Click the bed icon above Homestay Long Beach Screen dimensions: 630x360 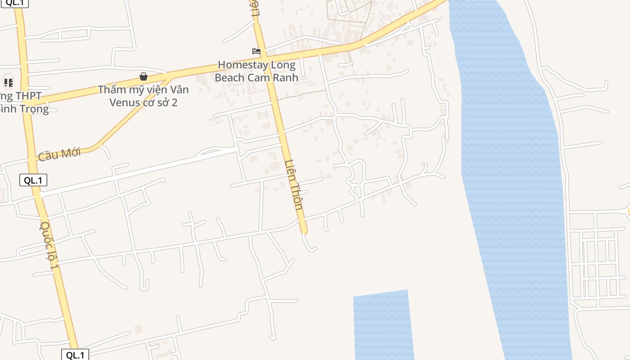pyautogui.click(x=256, y=51)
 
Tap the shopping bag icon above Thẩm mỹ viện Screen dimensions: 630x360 pyautogui.click(x=144, y=76)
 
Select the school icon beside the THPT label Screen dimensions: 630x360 pyautogui.click(x=9, y=82)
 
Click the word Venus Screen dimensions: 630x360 pyautogui.click(x=124, y=103)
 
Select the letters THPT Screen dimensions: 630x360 pyautogui.click(x=28, y=96)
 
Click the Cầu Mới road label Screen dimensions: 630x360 pyautogui.click(x=59, y=154)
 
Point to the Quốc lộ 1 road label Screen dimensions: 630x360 pyautogui.click(x=49, y=245)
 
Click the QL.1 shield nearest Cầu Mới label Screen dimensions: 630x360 pyautogui.click(x=33, y=180)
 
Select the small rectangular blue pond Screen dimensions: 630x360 pyautogui.click(x=383, y=325)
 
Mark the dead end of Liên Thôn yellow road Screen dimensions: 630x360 pyautogui.click(x=304, y=232)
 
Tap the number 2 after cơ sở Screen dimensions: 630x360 pyautogui.click(x=174, y=103)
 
